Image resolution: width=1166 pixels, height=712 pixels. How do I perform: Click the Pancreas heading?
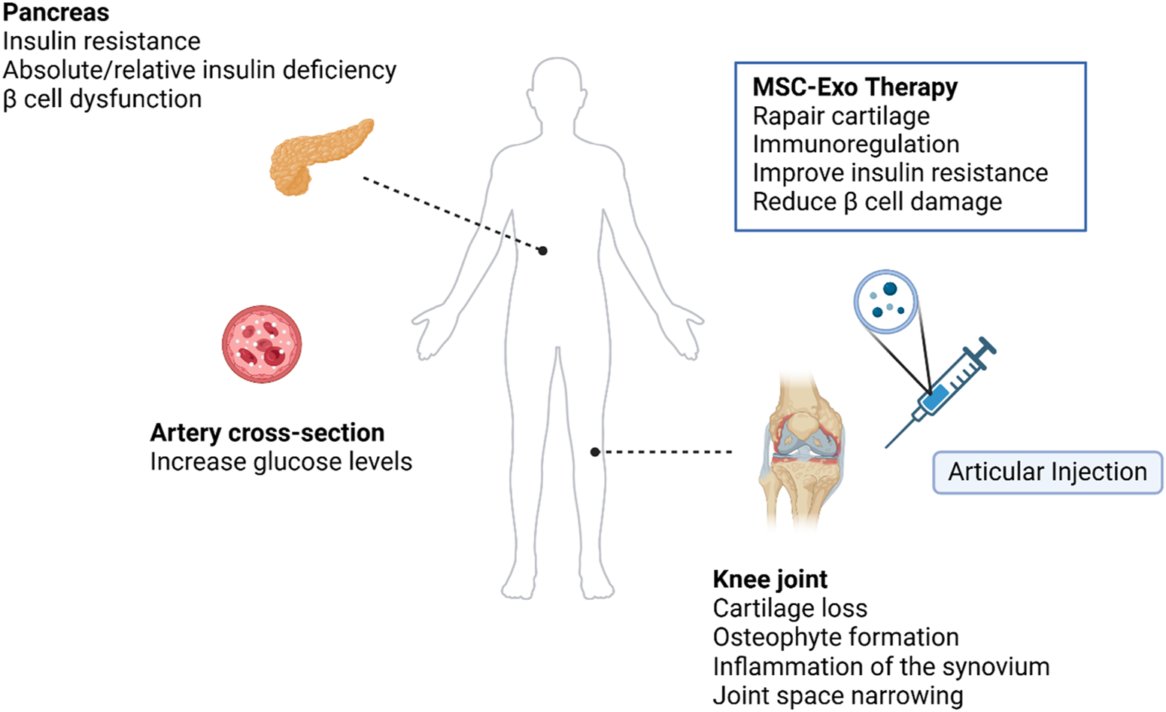(56, 13)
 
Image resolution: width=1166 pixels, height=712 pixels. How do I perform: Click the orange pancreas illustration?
(319, 155)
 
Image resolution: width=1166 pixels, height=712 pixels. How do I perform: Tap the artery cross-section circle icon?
(262, 344)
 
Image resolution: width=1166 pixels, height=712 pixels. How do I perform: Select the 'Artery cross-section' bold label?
(267, 433)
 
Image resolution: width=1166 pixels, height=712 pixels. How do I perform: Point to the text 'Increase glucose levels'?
(281, 461)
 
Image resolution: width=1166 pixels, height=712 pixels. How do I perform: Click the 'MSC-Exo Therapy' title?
(855, 87)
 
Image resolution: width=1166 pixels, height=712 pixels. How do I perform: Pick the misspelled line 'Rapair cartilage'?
(841, 116)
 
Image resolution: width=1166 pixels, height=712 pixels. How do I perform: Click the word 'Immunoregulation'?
(855, 145)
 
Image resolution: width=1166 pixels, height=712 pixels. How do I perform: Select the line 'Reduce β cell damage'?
(877, 202)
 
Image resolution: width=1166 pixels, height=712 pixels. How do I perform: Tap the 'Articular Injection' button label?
(1047, 472)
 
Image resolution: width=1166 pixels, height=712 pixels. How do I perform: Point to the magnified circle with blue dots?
(885, 301)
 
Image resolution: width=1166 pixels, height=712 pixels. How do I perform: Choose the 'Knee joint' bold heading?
(770, 580)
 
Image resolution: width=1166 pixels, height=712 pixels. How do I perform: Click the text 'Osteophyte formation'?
(836, 637)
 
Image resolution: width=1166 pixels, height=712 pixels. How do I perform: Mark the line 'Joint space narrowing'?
(837, 695)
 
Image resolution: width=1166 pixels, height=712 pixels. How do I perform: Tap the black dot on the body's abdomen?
(542, 251)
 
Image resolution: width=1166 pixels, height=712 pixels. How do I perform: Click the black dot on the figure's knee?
(595, 452)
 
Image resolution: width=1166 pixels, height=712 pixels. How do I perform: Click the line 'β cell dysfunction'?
(102, 99)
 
